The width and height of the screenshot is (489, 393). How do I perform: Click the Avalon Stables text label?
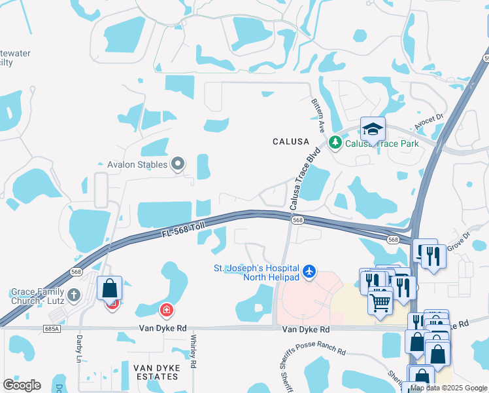pos(133,164)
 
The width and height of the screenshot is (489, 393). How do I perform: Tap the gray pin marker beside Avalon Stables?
pos(178,164)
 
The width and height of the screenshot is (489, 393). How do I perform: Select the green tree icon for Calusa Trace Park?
pos(335,142)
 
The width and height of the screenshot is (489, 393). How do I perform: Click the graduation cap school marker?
pos(373,129)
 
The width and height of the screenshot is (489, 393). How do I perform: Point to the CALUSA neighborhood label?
pos(291,141)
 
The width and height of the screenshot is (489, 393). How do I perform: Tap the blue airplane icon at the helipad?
pos(309,271)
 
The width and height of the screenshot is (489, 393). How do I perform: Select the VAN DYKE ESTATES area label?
pos(156,372)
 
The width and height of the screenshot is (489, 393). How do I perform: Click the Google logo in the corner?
pos(22,385)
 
